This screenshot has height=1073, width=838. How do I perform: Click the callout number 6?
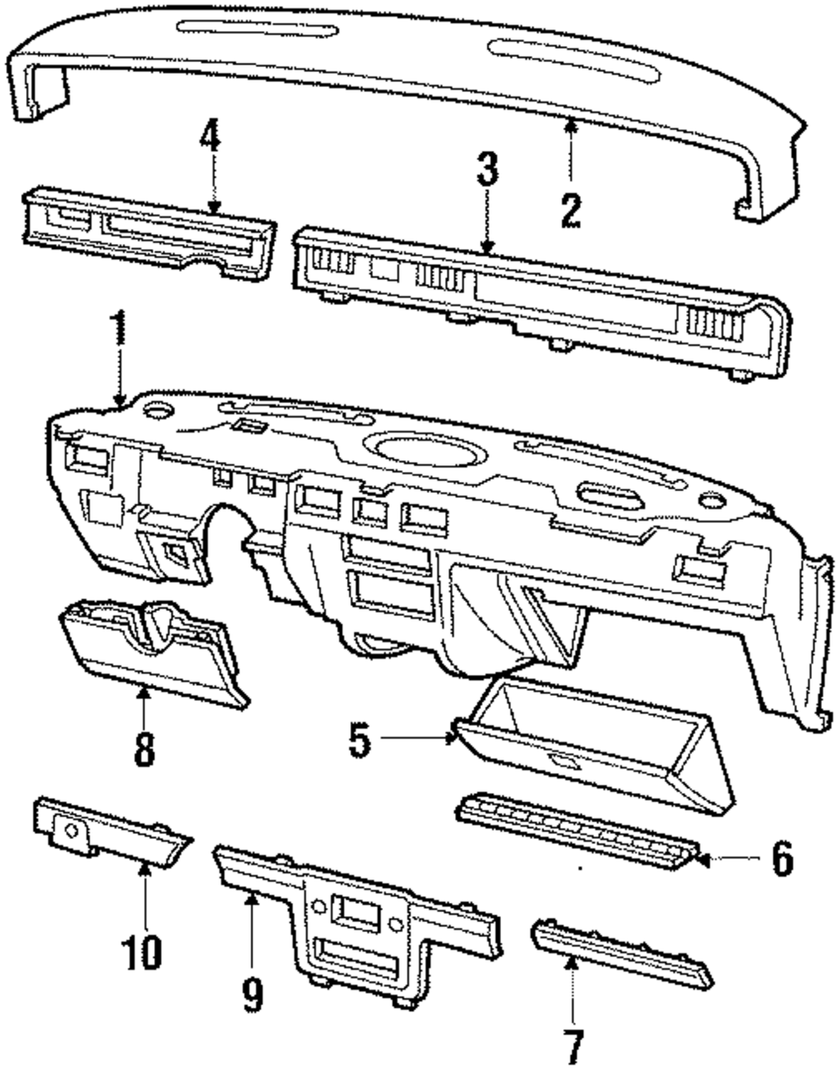(x=781, y=859)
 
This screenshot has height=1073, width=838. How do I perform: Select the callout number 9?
(x=251, y=993)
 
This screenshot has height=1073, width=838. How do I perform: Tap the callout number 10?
(x=143, y=952)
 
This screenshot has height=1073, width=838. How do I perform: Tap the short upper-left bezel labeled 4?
(x=147, y=231)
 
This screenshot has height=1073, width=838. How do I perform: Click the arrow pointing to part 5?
(x=419, y=738)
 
